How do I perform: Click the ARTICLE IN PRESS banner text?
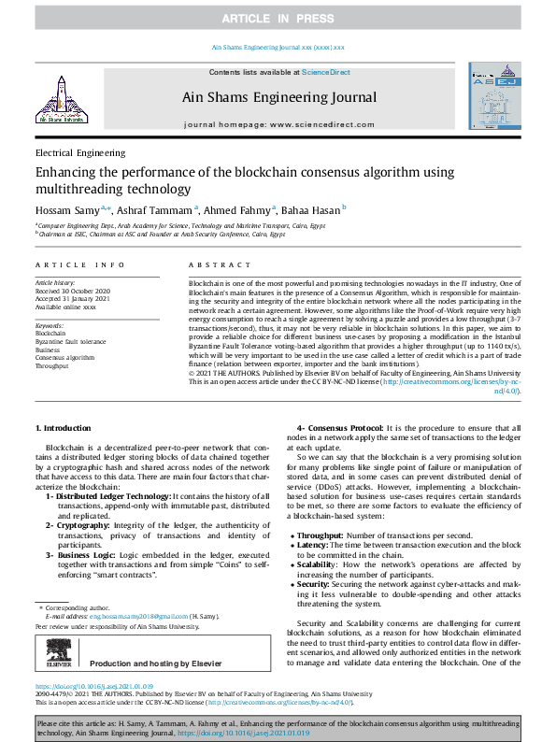coord(278,19)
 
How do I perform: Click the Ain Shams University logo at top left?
coord(58,101)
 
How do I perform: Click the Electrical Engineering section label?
coord(80,153)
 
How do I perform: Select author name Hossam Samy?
coord(66,208)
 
